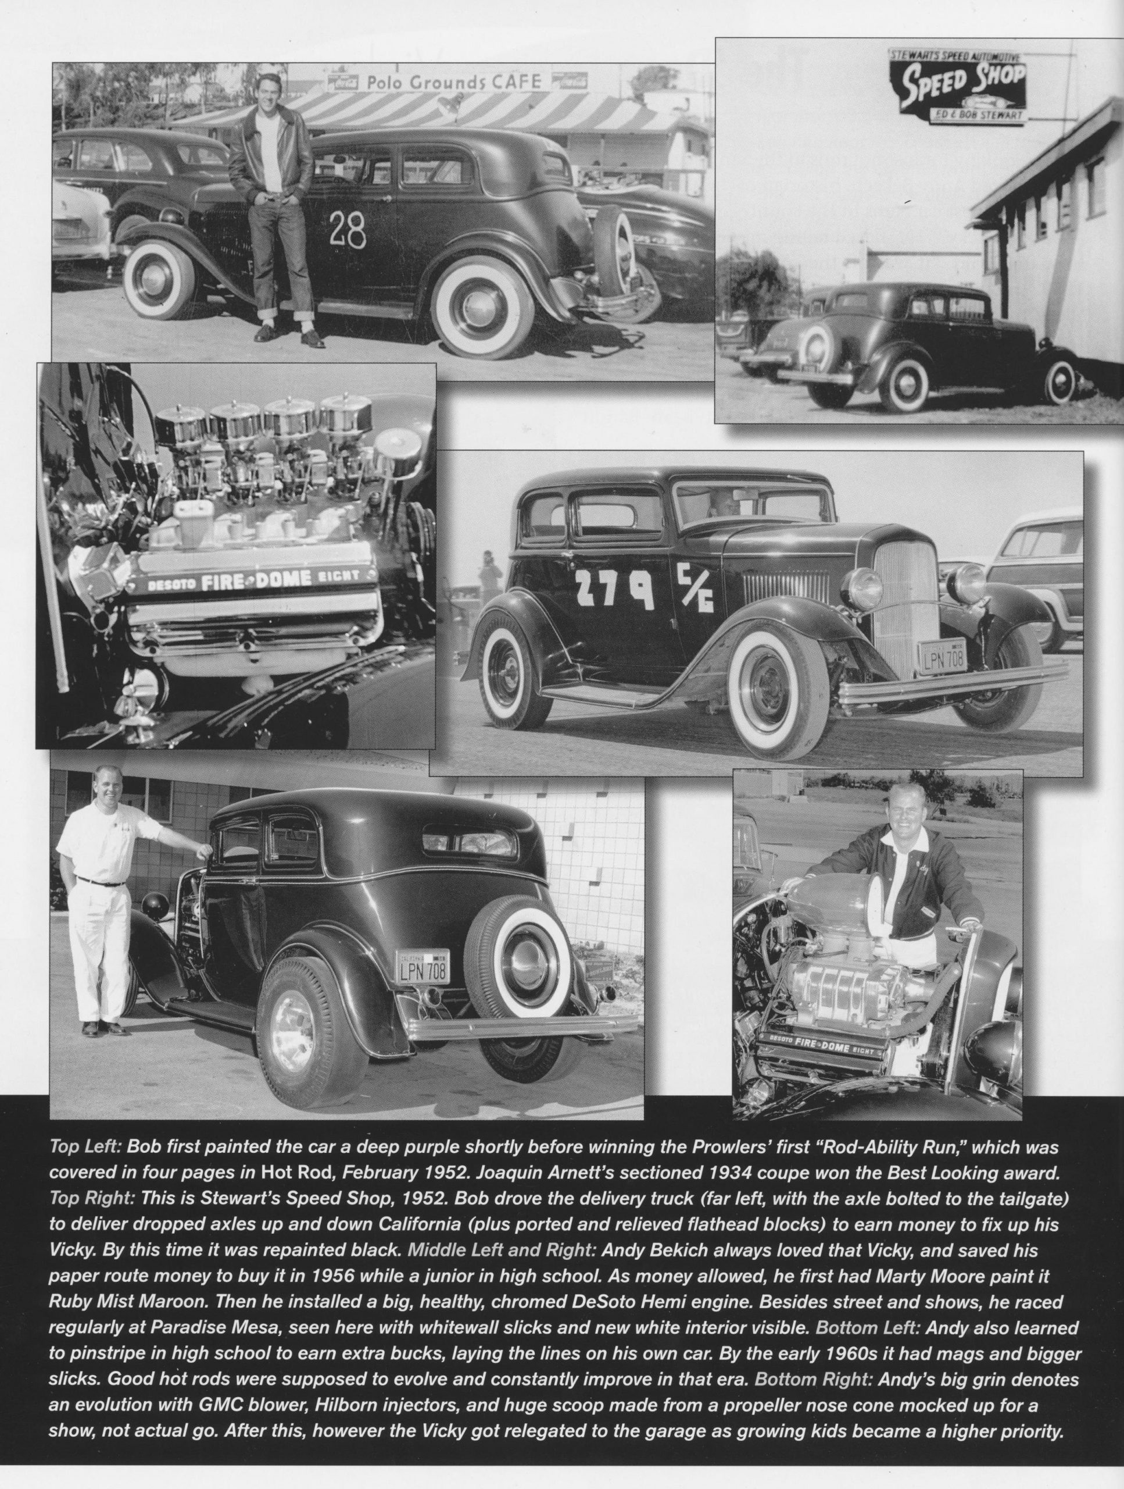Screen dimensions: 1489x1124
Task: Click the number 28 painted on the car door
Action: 348,230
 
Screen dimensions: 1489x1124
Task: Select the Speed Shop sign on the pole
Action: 958,86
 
